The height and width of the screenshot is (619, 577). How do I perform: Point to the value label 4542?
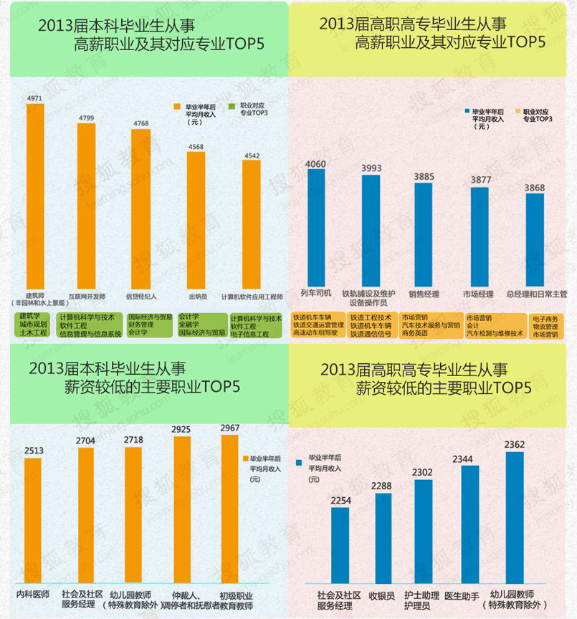252,155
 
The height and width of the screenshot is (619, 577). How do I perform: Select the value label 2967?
230,428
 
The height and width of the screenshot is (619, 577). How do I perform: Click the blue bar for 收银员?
383,537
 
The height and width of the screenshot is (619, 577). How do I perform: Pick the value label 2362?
514,445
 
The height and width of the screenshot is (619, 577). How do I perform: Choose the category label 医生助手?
462,595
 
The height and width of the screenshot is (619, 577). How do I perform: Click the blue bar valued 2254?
340,544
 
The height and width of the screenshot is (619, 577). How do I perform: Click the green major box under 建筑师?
33,325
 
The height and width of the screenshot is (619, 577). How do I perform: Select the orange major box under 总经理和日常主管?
546,325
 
